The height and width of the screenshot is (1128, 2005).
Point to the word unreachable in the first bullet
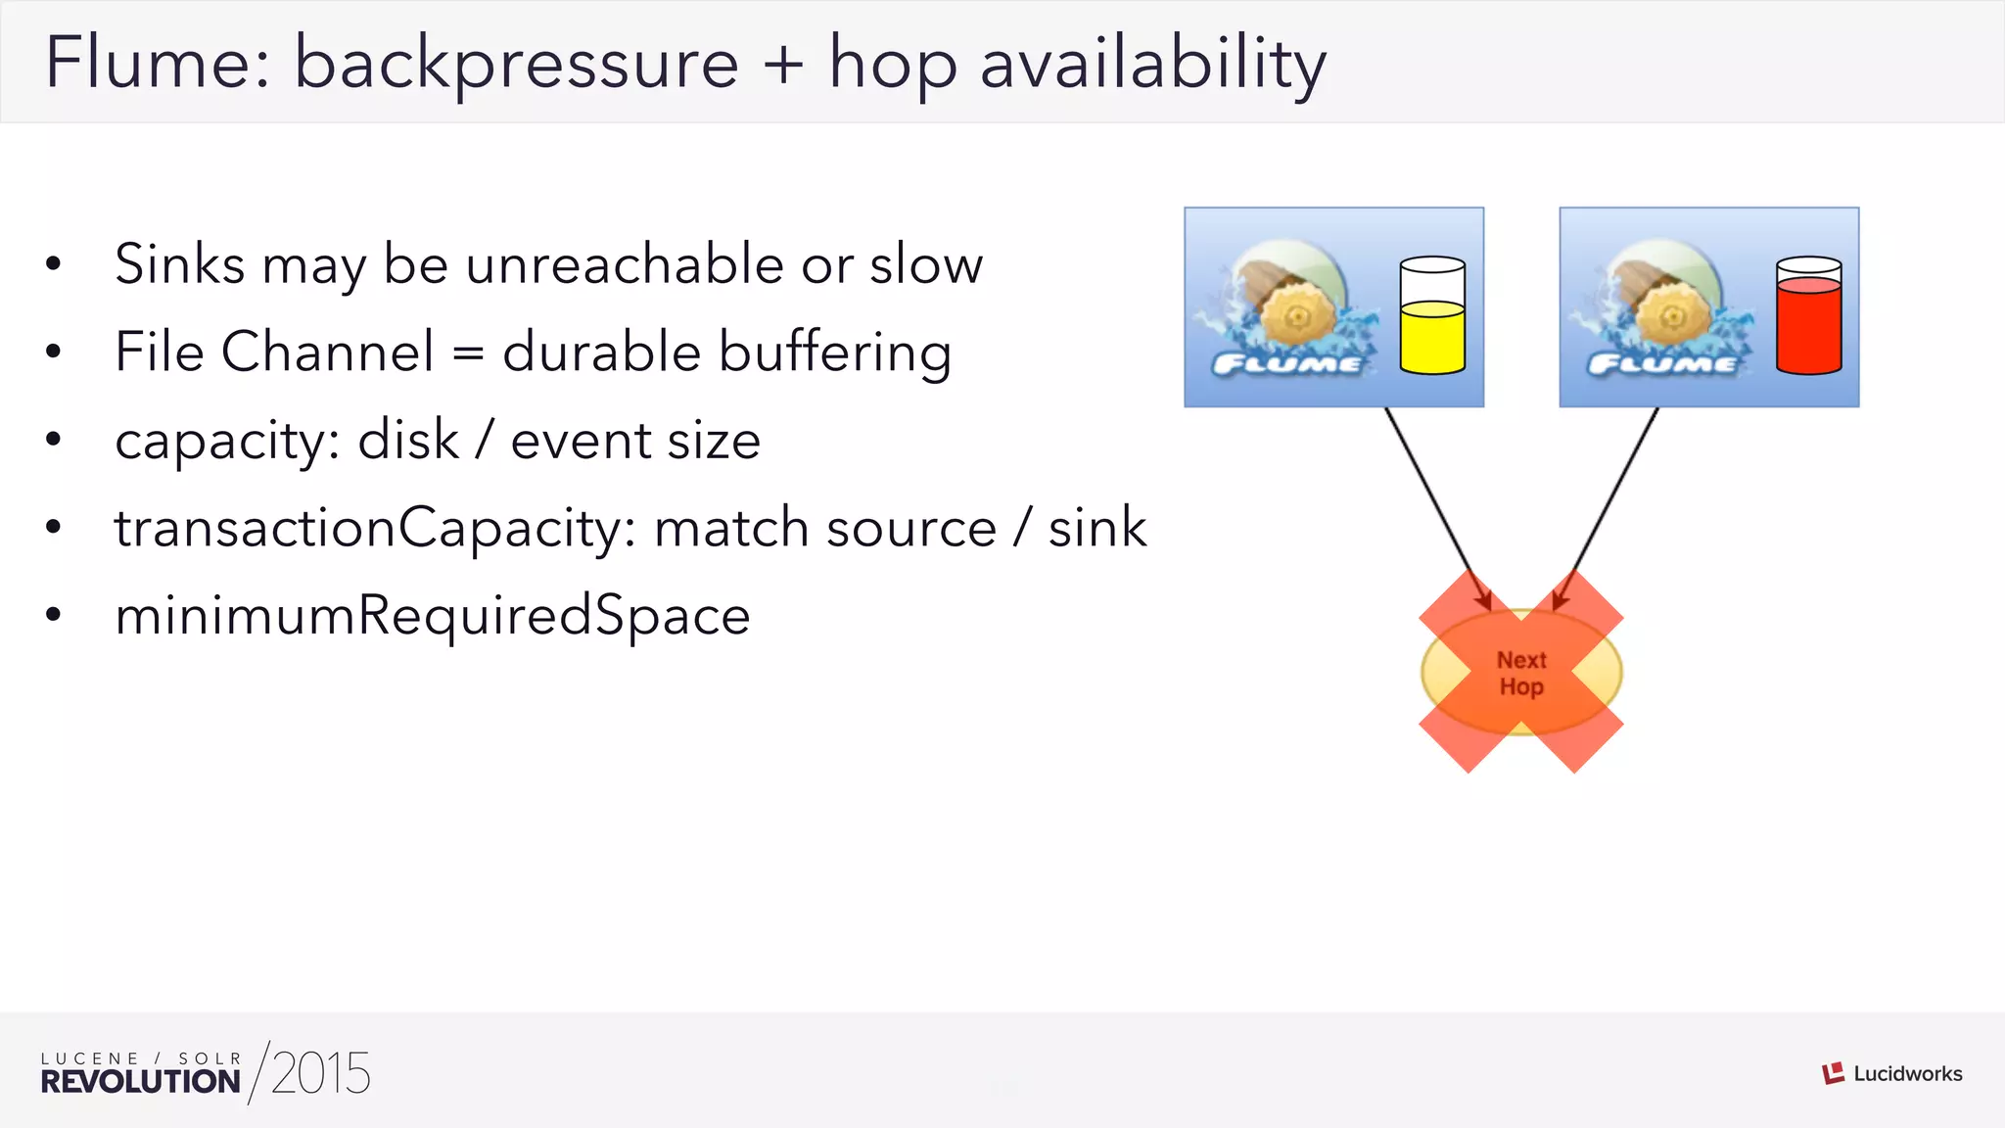click(x=625, y=264)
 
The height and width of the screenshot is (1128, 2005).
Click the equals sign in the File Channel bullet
click(x=468, y=352)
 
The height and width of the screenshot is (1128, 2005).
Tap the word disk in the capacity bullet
click(x=407, y=441)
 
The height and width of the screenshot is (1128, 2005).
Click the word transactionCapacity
click(x=375, y=529)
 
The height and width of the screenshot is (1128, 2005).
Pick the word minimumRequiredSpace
click(x=432, y=616)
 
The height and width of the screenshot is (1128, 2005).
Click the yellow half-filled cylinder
click(x=1432, y=315)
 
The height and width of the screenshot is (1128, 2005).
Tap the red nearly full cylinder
click(x=1808, y=315)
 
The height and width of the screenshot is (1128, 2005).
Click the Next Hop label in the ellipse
click(x=1521, y=673)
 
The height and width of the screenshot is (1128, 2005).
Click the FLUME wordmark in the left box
click(x=1286, y=365)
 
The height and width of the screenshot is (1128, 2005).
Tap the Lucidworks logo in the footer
click(x=1891, y=1073)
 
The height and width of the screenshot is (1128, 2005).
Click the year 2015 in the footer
click(x=320, y=1073)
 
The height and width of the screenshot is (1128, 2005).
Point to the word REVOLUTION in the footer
click(x=141, y=1082)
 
